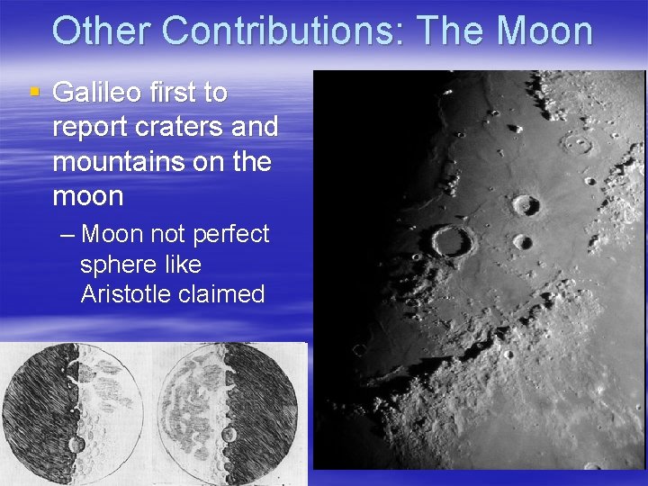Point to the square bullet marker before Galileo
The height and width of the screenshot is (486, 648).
coord(35,92)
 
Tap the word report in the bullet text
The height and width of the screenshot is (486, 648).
coord(90,128)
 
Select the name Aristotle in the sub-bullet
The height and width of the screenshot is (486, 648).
coord(127,295)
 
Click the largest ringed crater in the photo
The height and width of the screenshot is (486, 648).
coord(452,241)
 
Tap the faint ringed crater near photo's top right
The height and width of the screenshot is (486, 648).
coord(577,143)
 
